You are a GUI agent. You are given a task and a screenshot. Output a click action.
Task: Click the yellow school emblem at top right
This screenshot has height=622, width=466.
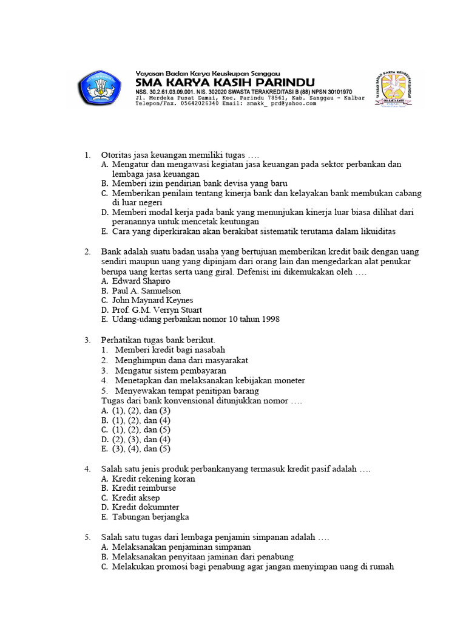pos(396,89)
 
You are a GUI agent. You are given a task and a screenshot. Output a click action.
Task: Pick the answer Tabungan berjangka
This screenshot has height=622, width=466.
pos(151,517)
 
